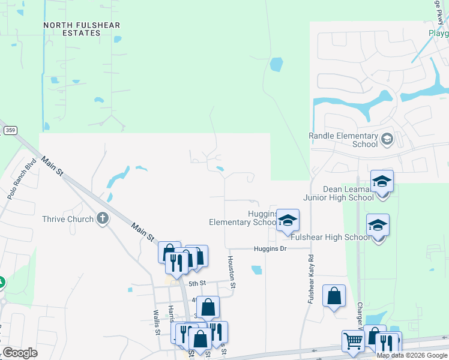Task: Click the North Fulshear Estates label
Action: (82, 29)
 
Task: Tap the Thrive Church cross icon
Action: (103, 218)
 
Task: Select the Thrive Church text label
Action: (68, 219)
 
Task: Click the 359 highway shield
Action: (10, 130)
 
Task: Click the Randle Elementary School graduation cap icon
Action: (387, 139)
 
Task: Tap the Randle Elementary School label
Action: (344, 140)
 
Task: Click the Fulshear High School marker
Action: (378, 225)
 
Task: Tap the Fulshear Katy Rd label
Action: (312, 280)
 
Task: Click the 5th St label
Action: (197, 283)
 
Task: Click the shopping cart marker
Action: (353, 341)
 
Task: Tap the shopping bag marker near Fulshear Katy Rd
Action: (334, 295)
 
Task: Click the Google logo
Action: (20, 353)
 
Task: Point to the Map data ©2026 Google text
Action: (412, 355)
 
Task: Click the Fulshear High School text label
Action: (330, 238)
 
